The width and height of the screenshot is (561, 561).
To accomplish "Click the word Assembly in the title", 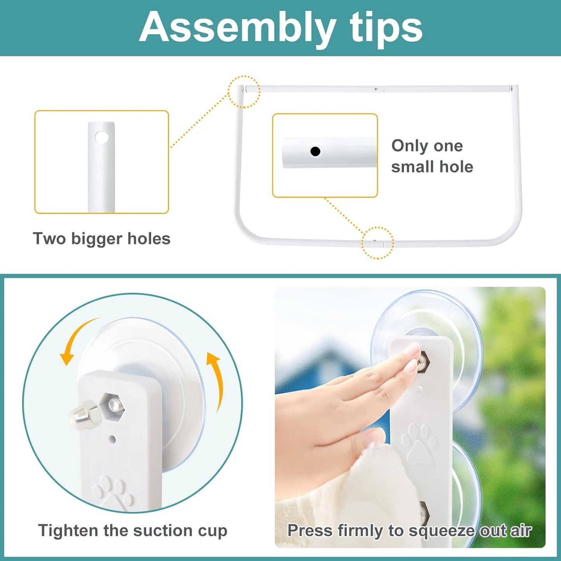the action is [x=237, y=29].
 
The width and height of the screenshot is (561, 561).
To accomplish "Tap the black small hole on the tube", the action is [x=315, y=151].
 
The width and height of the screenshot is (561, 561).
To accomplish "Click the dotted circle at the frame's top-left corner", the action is [x=244, y=92].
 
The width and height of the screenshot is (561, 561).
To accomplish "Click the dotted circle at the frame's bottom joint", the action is [x=377, y=243].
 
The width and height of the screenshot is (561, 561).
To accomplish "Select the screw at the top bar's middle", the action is [x=376, y=89].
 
